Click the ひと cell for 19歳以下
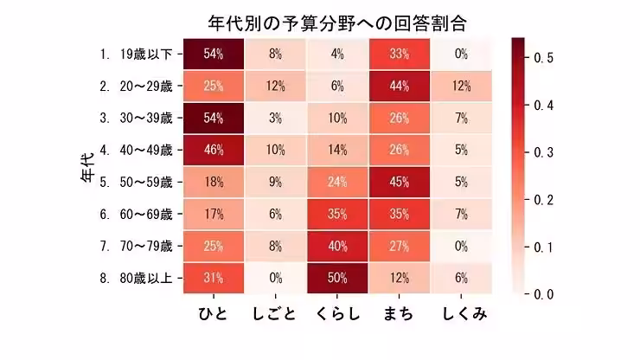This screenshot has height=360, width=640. pos(214,54)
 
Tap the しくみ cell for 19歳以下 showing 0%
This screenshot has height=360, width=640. pos(460,54)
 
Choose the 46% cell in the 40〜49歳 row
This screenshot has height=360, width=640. pos(214,150)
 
